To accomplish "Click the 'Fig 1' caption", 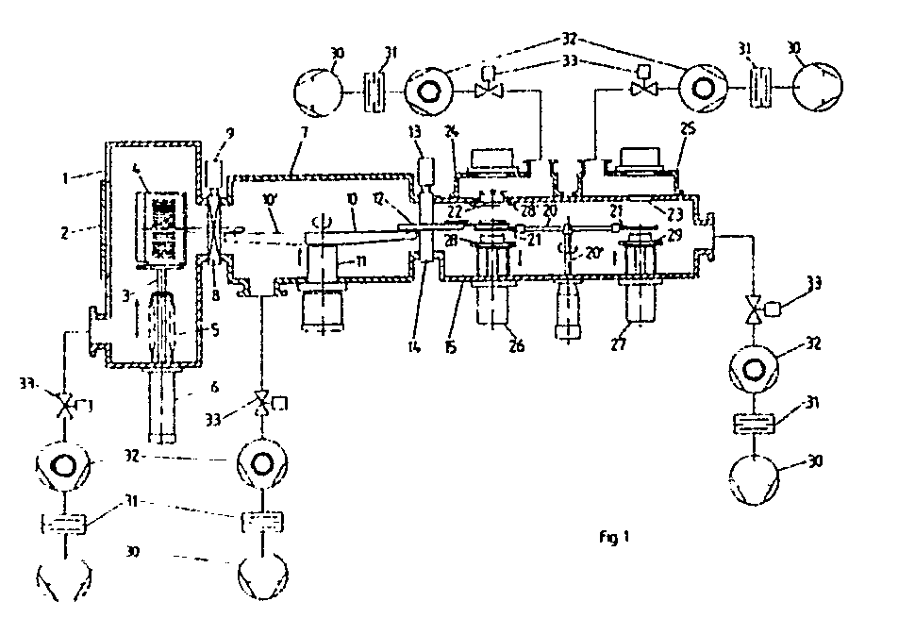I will pyautogui.click(x=613, y=538).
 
